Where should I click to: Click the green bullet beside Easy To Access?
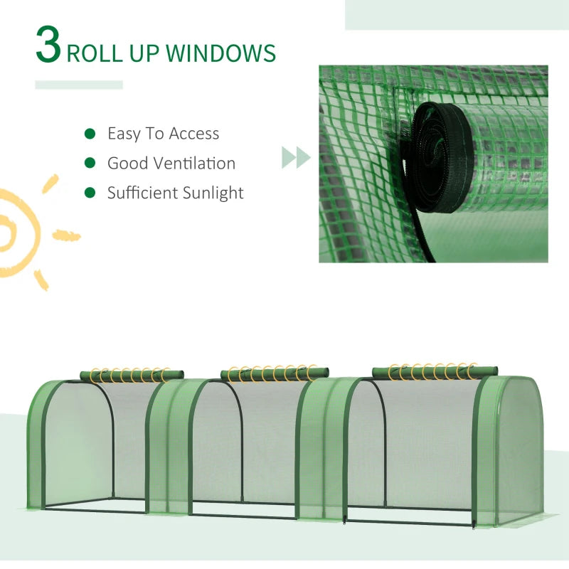pyautogui.click(x=90, y=134)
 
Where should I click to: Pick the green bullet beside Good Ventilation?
pyautogui.click(x=90, y=164)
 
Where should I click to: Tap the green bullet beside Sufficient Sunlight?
pyautogui.click(x=90, y=193)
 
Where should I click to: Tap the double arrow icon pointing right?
pyautogui.click(x=296, y=157)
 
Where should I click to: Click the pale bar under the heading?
pyautogui.click(x=79, y=85)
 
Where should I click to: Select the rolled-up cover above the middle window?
pyautogui.click(x=275, y=373)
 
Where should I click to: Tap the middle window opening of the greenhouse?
pyautogui.click(x=245, y=448)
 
